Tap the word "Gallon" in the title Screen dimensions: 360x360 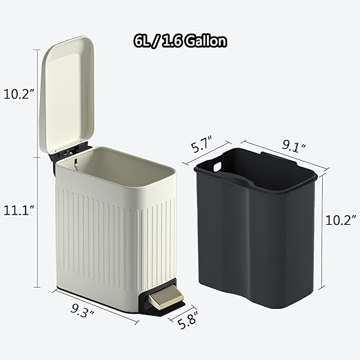coord(206,41)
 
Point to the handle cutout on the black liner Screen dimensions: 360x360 coord(217,167)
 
